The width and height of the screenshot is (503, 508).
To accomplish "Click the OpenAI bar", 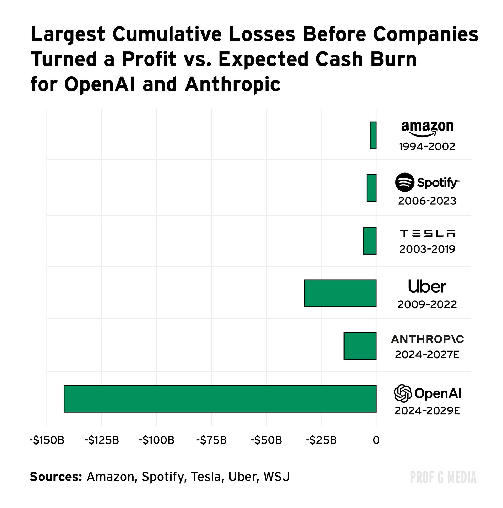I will (220, 398).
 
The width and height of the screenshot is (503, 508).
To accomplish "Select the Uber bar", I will (340, 293).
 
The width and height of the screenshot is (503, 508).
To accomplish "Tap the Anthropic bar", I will (360, 346).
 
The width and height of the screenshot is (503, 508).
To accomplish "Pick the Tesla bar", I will (369, 241).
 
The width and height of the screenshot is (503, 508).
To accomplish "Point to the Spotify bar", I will (371, 188).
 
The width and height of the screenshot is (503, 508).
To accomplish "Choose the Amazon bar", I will (373, 136).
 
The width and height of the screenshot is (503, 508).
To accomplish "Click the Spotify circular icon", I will (405, 182).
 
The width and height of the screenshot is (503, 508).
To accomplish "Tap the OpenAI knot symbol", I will (402, 393).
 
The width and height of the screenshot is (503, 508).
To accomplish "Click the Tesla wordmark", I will (427, 233).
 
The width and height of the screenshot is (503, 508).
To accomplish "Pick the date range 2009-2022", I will (427, 305).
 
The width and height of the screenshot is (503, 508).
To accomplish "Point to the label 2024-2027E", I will (427, 355).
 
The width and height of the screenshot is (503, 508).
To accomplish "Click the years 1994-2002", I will (427, 147).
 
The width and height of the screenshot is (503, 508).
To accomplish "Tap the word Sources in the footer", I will (56, 477).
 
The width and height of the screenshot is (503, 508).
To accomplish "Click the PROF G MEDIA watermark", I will (443, 477).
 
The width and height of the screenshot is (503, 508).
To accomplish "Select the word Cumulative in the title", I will (167, 34).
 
